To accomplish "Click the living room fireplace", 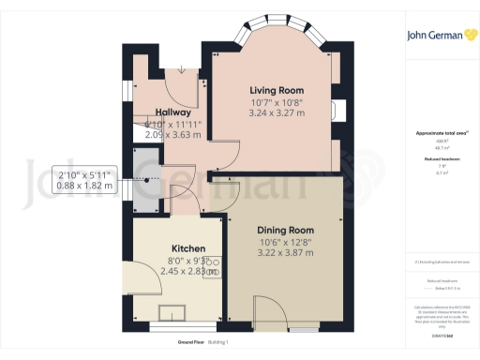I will click(x=338, y=110).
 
